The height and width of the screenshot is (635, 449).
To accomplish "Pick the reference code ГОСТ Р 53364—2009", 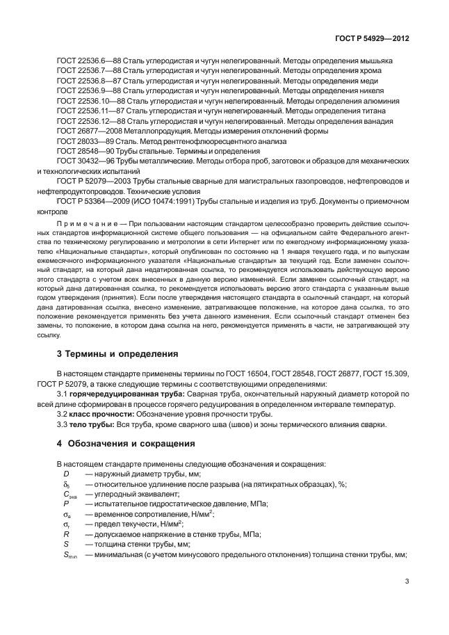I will point(95,201).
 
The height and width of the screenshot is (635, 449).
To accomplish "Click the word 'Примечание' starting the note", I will point(86,224).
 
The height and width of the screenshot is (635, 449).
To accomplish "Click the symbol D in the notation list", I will point(66,474).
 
